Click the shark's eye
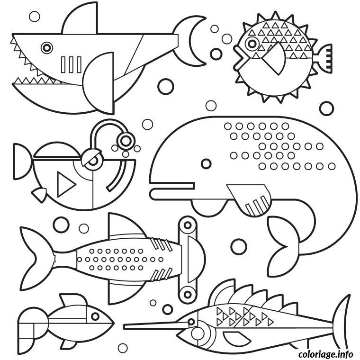pyautogui.click(x=47, y=48)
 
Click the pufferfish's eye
pyautogui.click(x=252, y=44)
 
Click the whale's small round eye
pyautogui.click(x=206, y=164)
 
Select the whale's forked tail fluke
pyautogui.click(x=284, y=247)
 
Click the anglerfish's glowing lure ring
pyautogui.click(x=126, y=141)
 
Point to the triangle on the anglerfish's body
pyautogui.click(x=65, y=184)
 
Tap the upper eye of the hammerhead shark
pyautogui.click(x=188, y=225)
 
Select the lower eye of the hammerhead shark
pyautogui.click(x=188, y=294)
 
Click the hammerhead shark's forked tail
pyautogui.click(x=38, y=259)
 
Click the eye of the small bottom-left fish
pyautogui.click(x=95, y=316)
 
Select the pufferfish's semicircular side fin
pyautogui.click(x=276, y=59)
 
